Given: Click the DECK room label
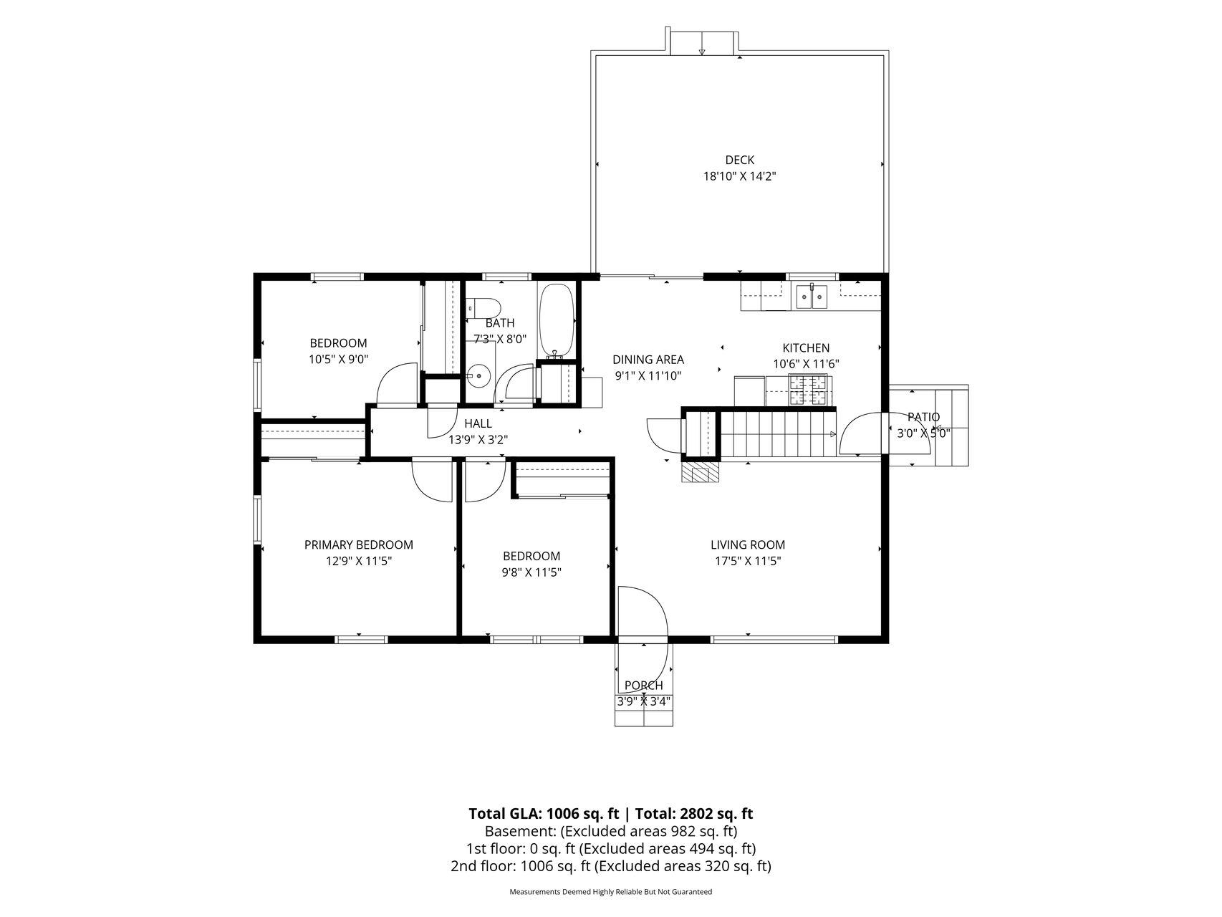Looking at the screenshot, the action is (739, 160).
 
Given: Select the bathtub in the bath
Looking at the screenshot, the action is (556, 320).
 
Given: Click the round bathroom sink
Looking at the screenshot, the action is (478, 373).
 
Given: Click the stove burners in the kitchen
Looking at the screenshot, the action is (808, 390).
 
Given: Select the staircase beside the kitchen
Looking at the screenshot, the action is (778, 434).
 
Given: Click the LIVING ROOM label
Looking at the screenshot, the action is (748, 544).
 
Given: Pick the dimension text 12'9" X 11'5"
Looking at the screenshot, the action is (359, 561).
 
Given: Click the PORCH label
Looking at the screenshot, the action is (644, 686).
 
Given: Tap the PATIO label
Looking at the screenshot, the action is (923, 417).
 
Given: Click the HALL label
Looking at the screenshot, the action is (478, 423).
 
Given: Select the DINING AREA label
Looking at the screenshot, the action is (648, 360).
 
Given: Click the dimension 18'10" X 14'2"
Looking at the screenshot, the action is (739, 176).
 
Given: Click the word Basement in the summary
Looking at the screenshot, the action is (519, 831).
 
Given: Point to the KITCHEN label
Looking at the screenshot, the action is (806, 347).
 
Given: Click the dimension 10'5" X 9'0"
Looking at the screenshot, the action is (338, 360).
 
